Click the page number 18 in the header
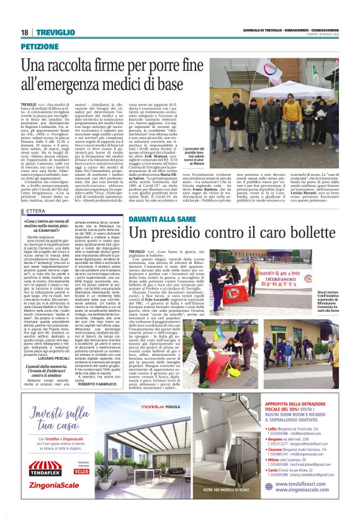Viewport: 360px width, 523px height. [x=24, y=32]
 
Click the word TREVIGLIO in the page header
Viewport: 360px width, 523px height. [x=50, y=32]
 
